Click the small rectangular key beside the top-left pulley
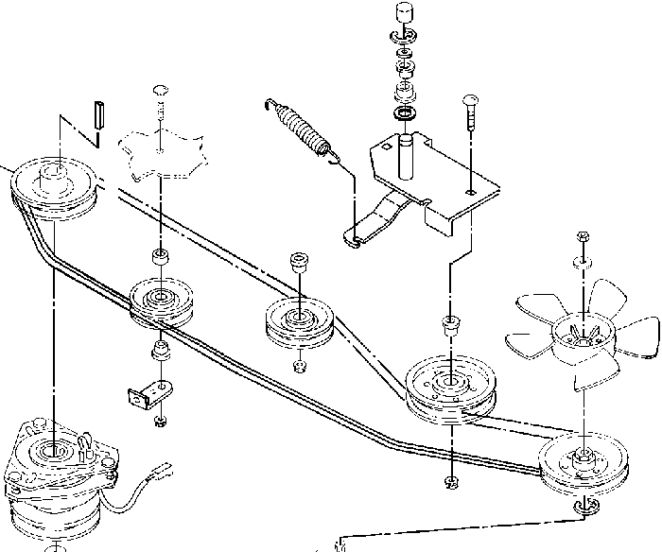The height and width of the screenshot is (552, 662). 96,115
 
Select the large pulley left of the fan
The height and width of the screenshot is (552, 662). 449,386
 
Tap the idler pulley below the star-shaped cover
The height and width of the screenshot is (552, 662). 162,302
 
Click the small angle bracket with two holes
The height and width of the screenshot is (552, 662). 141,389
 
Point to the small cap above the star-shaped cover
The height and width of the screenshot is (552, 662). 160,90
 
